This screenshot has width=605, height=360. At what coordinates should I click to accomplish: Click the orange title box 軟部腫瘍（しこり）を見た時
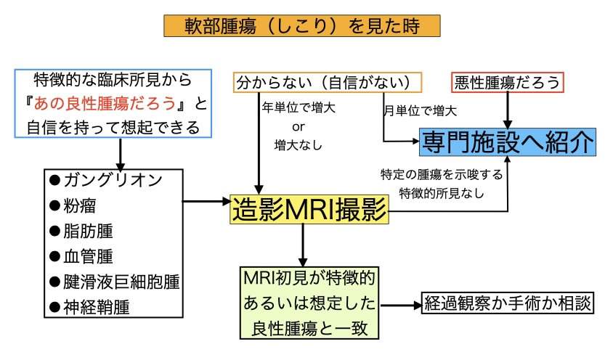coord(301,27)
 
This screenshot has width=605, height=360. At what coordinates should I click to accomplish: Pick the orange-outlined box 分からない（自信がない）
coord(328,82)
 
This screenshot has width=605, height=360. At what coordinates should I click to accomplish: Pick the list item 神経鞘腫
coord(94,306)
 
